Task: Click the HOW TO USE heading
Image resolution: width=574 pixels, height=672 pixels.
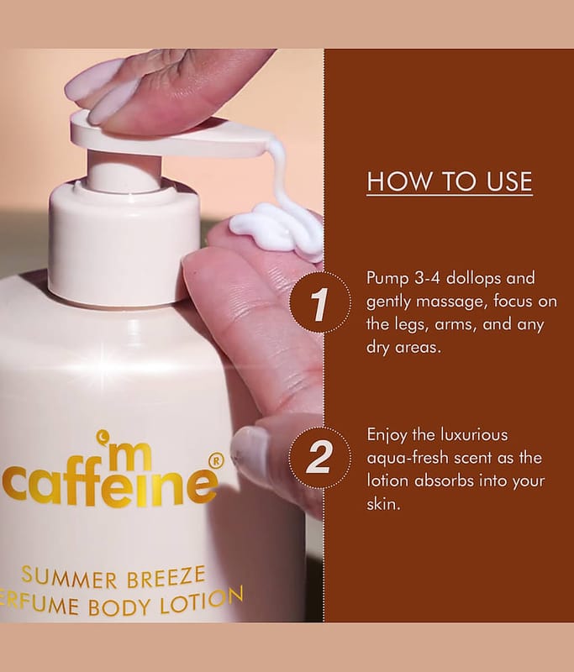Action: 450,181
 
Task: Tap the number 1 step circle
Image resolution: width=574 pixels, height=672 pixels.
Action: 320,302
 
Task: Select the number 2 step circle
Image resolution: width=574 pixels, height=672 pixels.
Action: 320,457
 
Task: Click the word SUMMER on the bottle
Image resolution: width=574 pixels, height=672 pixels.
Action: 70,577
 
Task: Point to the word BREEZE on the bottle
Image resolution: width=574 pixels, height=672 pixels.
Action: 166,577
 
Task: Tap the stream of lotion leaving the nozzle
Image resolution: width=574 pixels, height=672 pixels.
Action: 281,171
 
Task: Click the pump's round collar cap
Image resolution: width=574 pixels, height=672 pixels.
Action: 124,245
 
